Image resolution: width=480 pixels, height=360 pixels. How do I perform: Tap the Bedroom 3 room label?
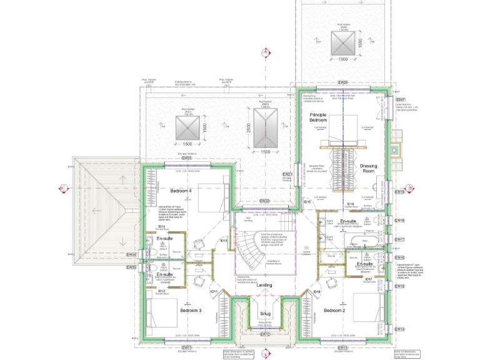pyautogui.click(x=191, y=310)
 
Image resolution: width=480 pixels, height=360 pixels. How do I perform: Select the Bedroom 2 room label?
pyautogui.click(x=334, y=310)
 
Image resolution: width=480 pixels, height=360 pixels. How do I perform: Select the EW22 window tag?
pyautogui.click(x=264, y=201)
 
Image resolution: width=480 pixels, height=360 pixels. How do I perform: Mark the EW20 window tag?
pyautogui.click(x=342, y=82)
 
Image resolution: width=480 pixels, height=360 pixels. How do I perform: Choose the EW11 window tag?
pyautogui.click(x=186, y=347)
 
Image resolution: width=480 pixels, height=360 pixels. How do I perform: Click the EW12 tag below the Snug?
pyautogui.click(x=264, y=334)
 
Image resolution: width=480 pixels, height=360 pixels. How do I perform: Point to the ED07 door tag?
pyautogui.click(x=401, y=100)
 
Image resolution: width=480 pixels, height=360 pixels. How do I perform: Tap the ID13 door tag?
pyautogui.click(x=223, y=241)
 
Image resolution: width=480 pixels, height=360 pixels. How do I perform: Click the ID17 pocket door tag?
pyautogui.click(x=369, y=279)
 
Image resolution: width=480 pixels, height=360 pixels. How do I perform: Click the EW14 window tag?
pyautogui.click(x=400, y=329)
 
